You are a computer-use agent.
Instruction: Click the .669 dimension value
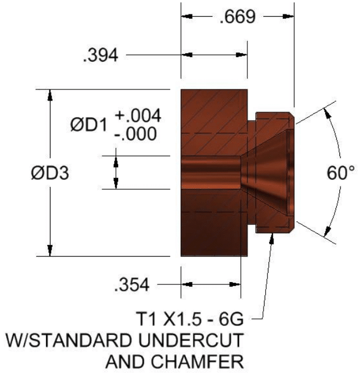tap(238, 17)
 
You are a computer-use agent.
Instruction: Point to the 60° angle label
tap(339, 173)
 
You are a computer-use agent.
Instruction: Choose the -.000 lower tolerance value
tap(138, 134)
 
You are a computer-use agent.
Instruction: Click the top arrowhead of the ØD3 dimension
tap(50, 95)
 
